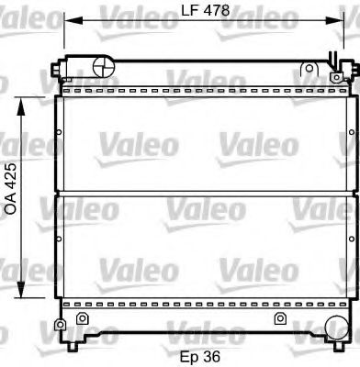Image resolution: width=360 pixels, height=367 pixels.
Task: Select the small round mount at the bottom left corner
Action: [61, 326]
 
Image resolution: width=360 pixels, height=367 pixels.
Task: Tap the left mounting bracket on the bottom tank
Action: [82, 318]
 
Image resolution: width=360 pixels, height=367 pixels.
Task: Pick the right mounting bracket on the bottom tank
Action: [279, 318]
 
